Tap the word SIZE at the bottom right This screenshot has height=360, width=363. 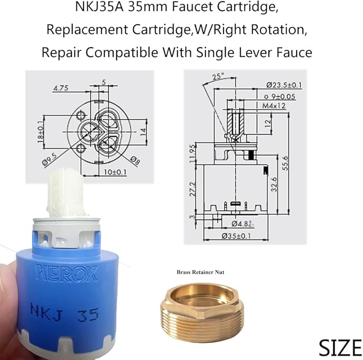[x=340, y=347]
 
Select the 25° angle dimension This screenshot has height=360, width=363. [x=218, y=76]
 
